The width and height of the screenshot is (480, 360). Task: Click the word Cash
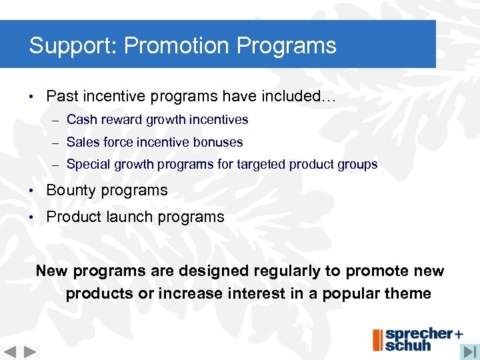tap(81, 120)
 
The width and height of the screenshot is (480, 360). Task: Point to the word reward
tap(121, 120)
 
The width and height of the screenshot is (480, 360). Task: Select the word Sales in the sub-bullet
tap(83, 142)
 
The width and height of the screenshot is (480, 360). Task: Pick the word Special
tap(89, 164)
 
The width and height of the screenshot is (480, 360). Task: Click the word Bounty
tap(71, 190)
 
